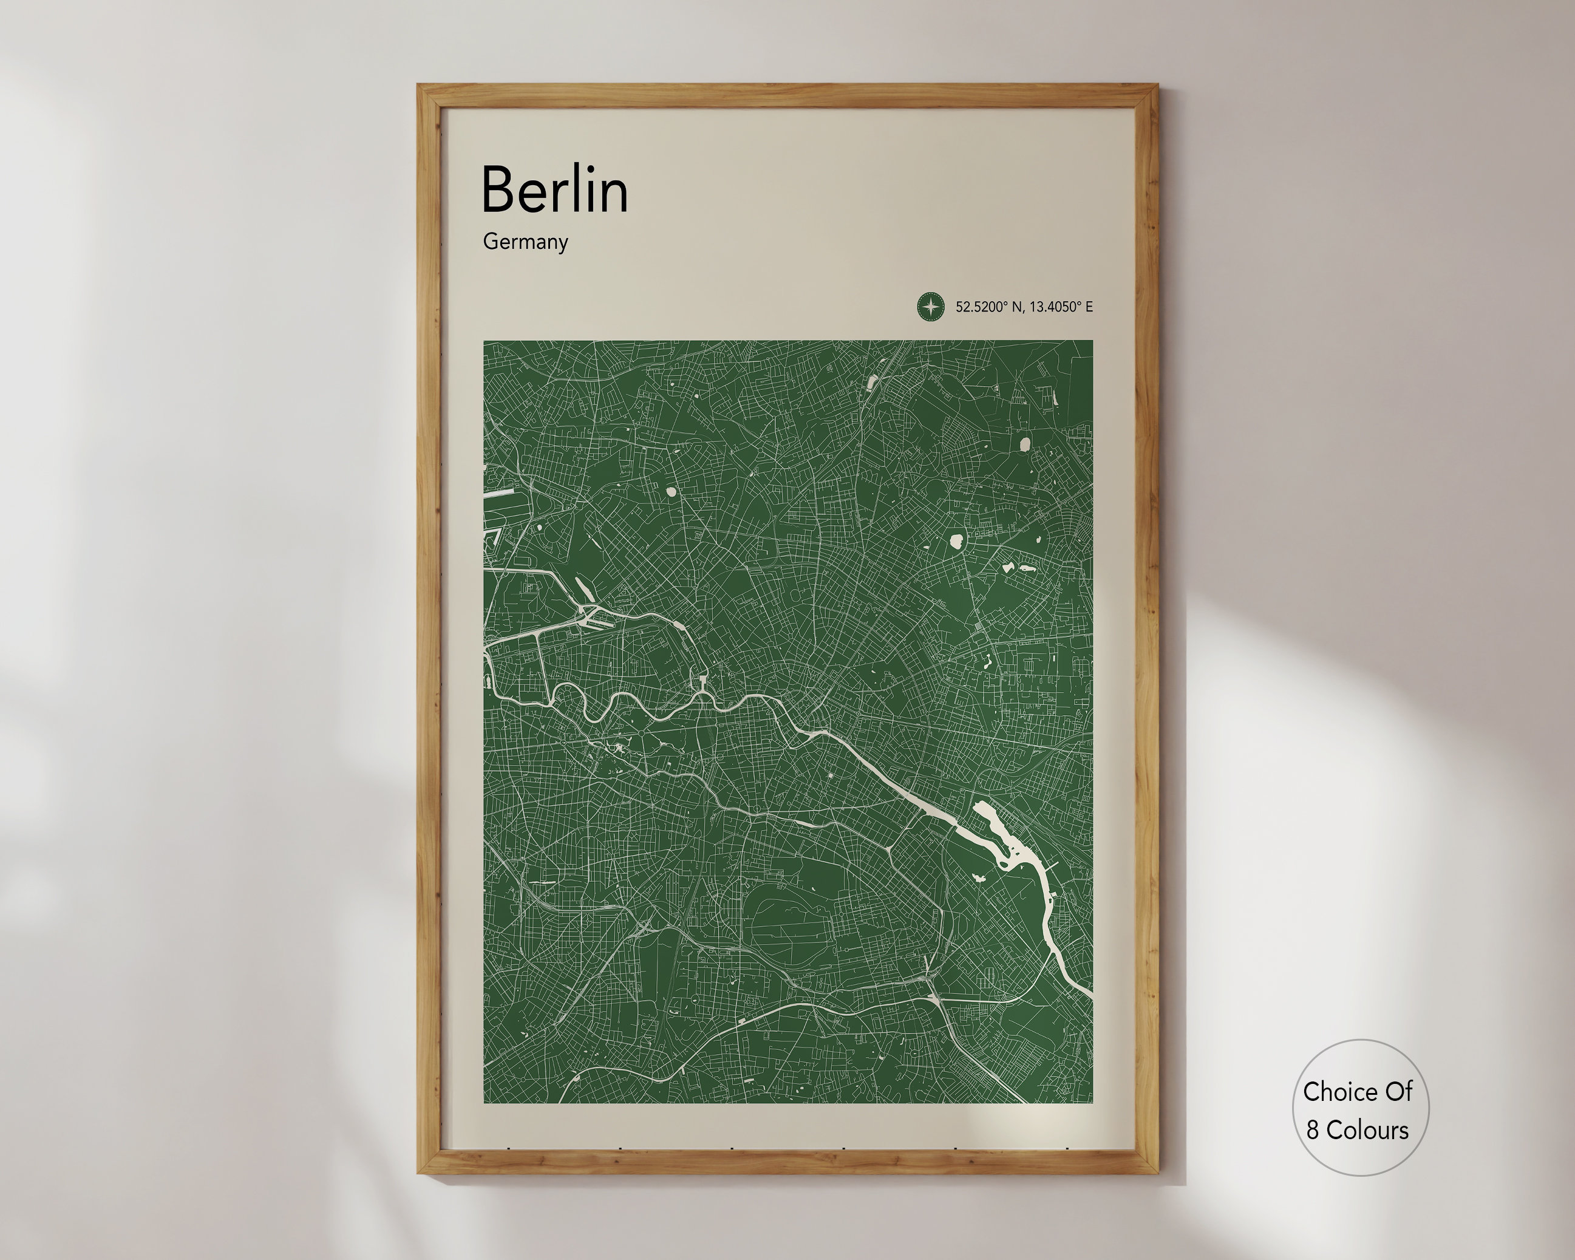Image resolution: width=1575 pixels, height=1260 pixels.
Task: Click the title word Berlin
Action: point(554,190)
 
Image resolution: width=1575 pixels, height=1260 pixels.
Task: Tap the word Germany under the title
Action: point(525,242)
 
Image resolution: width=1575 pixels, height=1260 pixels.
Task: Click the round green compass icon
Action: point(931,307)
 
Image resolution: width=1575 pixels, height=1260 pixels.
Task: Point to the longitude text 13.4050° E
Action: point(1061,307)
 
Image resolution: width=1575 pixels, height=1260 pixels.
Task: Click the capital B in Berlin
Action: point(496,190)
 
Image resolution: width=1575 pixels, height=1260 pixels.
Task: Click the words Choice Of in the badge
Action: point(1357,1091)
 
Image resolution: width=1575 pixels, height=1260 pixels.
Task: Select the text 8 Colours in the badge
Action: point(1357,1130)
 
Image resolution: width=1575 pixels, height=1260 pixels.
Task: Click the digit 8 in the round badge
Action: point(1313,1131)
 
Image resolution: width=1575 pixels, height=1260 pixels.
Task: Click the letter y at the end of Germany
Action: point(562,244)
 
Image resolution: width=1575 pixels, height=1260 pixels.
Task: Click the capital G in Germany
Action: point(489,241)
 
